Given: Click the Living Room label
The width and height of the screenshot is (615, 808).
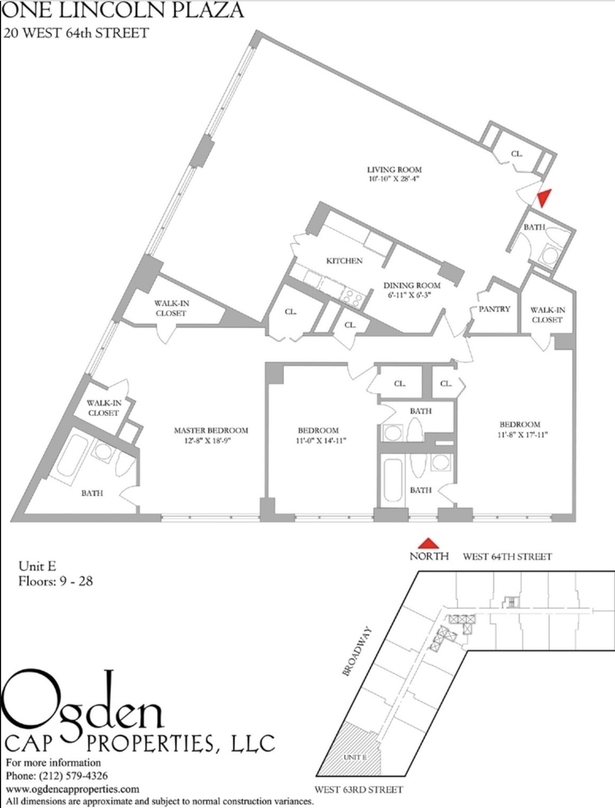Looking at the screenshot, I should click(x=394, y=170).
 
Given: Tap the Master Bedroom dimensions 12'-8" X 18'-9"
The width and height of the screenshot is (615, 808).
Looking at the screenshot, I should click(x=210, y=441).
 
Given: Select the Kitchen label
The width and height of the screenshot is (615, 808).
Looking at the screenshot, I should click(x=344, y=261).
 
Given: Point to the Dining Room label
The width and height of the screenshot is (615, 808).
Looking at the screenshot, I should click(x=412, y=285).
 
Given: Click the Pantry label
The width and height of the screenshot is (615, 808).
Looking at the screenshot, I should click(x=494, y=309).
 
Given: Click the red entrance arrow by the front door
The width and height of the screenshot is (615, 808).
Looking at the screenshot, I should click(x=544, y=198).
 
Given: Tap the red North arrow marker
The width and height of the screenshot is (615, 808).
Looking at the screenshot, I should click(x=429, y=543).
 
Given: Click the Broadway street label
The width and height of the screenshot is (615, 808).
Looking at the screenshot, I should click(x=357, y=652).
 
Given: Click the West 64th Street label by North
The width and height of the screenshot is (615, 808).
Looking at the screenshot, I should click(x=507, y=557).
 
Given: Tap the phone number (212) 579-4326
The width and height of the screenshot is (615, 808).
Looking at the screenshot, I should click(x=57, y=775).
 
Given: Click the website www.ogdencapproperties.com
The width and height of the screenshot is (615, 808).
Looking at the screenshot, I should click(x=72, y=789).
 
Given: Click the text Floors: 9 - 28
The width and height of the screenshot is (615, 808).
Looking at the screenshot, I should click(x=55, y=581).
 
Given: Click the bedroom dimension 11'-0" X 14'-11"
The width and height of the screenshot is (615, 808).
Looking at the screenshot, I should click(x=318, y=441).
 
